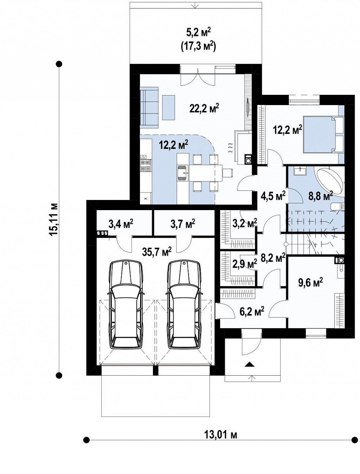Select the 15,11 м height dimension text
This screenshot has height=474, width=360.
[x=53, y=219]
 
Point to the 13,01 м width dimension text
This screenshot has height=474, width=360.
[x=220, y=435]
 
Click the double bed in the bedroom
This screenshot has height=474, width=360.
[x=323, y=135]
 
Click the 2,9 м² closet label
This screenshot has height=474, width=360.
[x=245, y=264]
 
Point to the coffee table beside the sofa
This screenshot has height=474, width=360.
[x=168, y=108]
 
